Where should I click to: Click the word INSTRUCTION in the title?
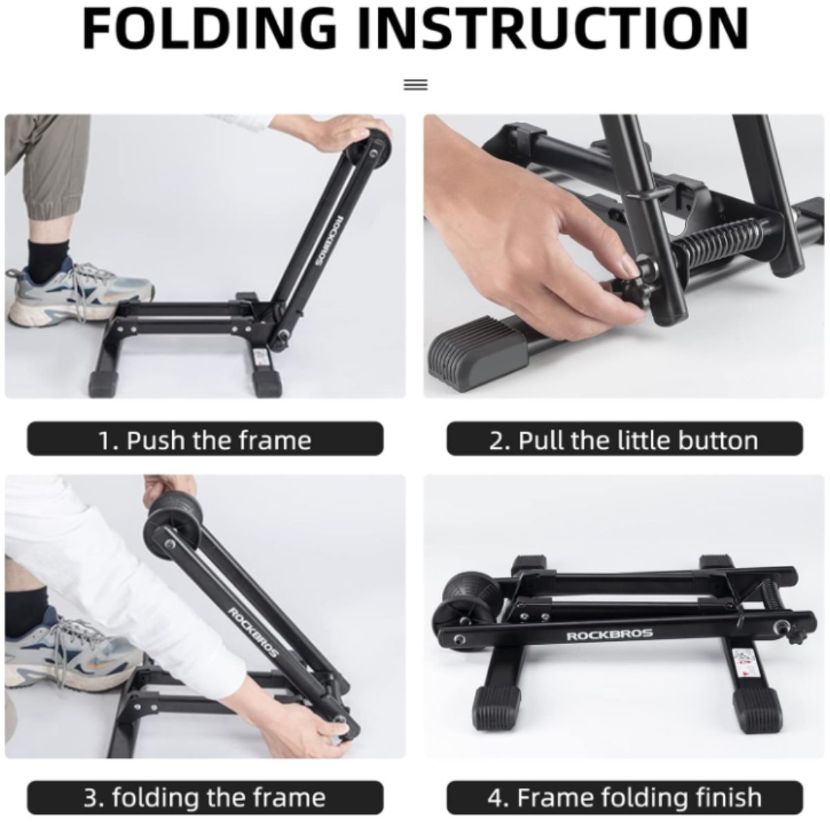tap(553, 29)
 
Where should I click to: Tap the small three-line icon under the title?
tap(416, 84)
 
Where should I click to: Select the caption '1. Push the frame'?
tap(205, 440)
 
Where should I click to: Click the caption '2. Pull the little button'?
tap(624, 440)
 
